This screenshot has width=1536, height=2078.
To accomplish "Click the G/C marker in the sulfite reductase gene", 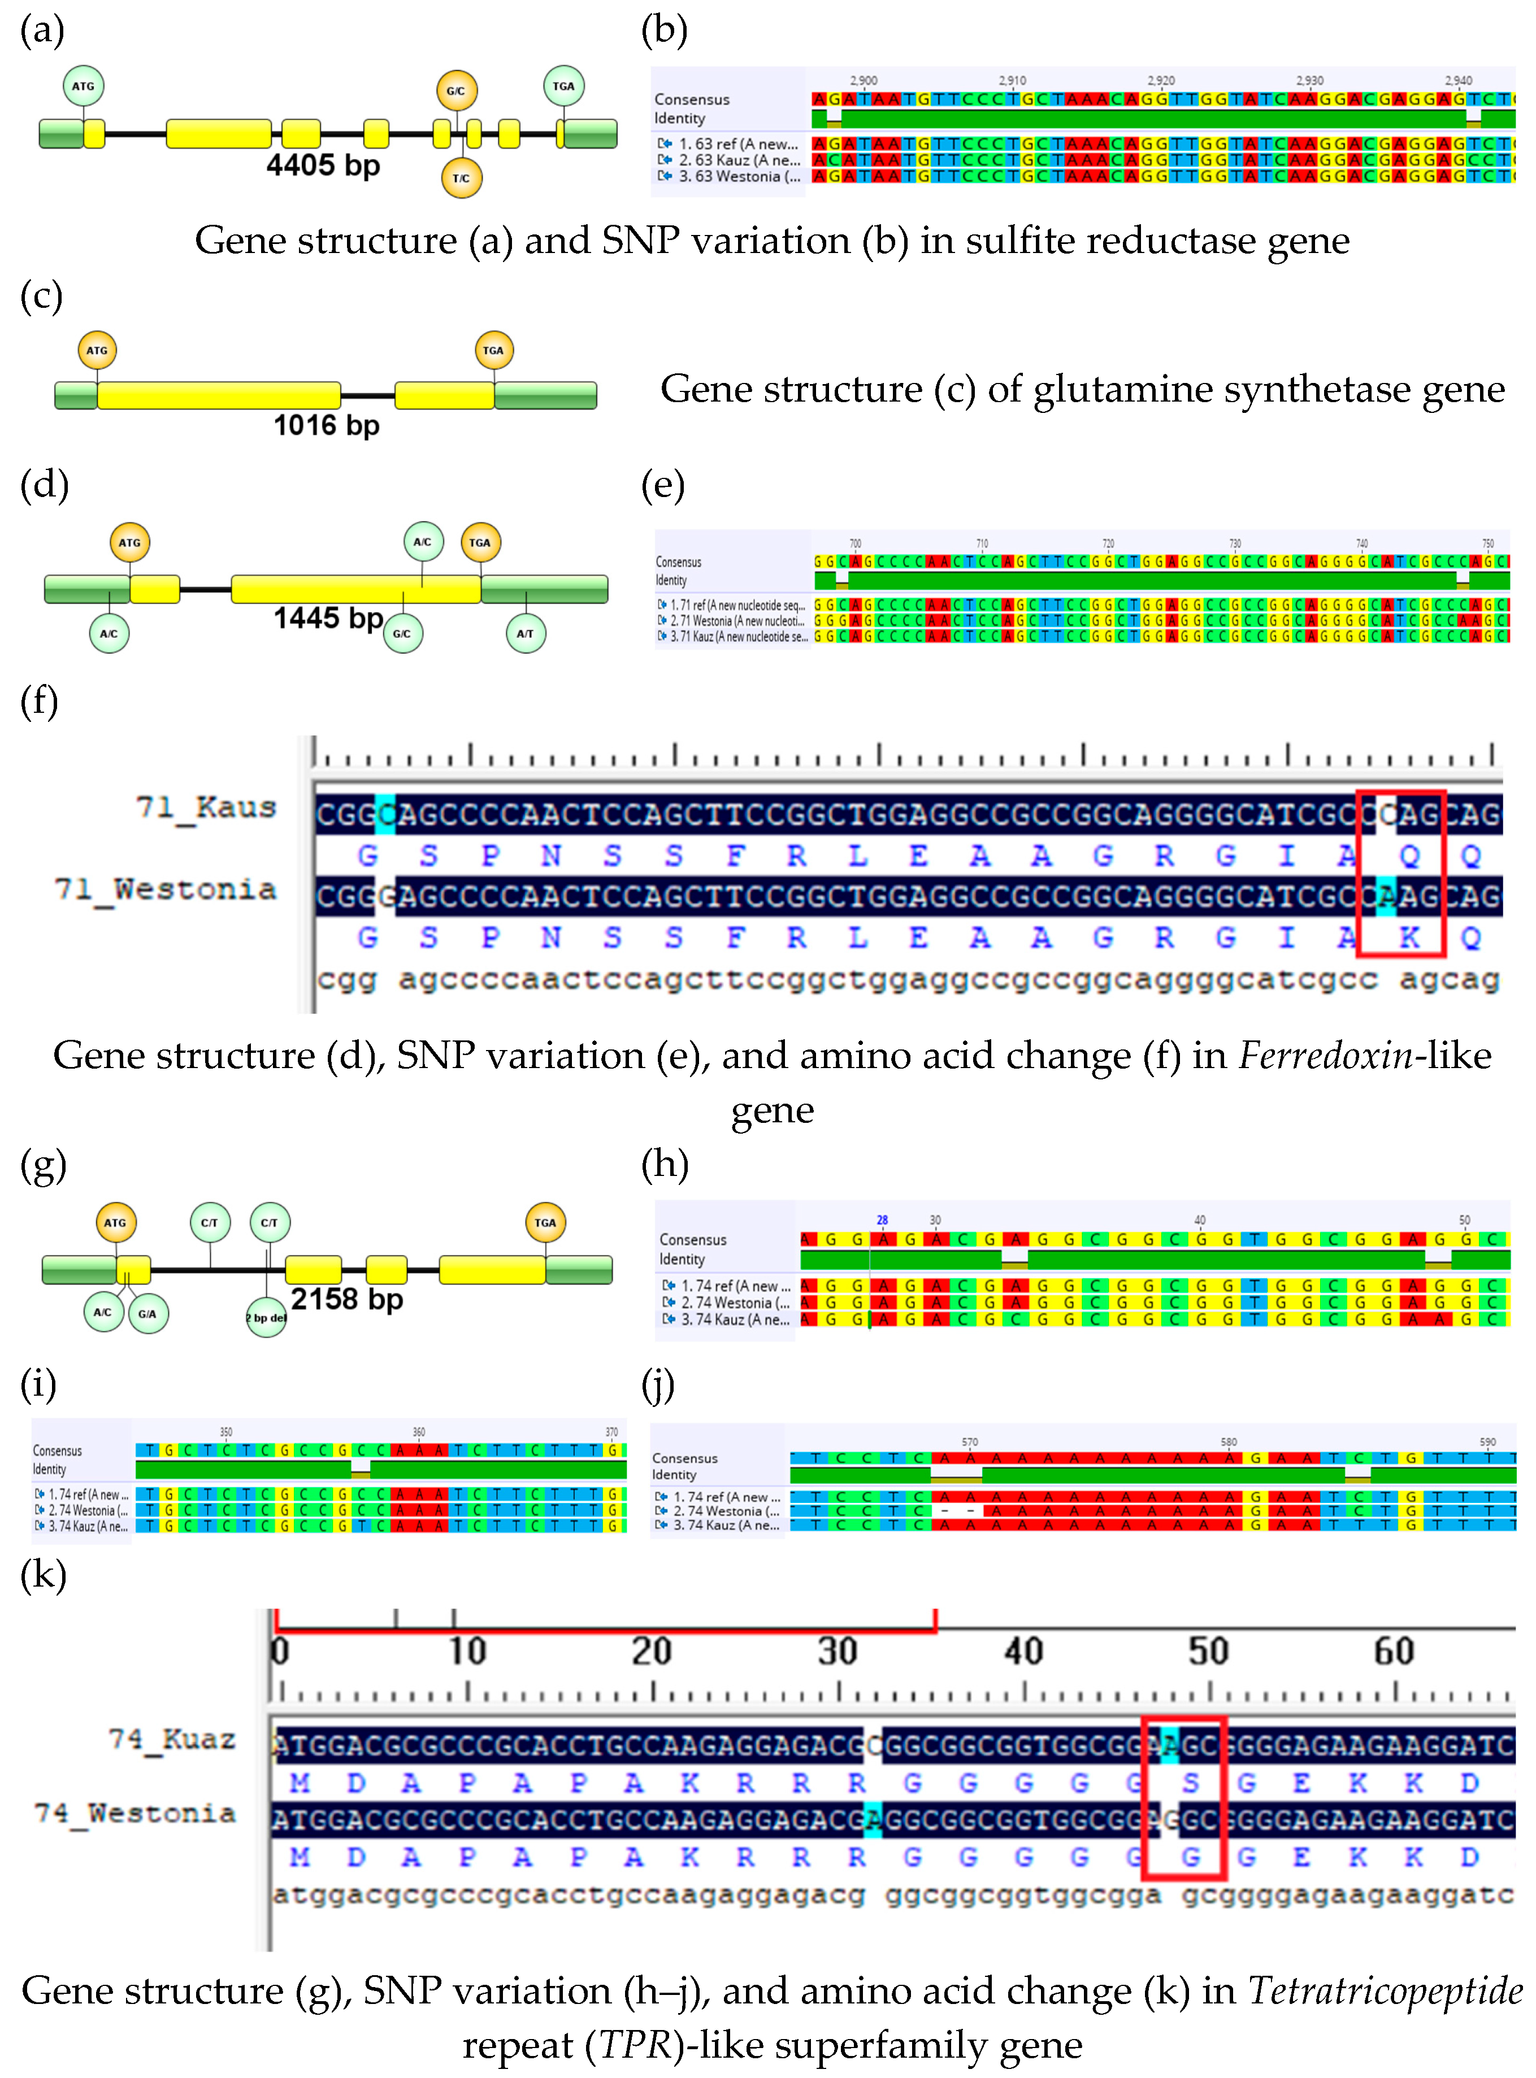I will pos(455,91).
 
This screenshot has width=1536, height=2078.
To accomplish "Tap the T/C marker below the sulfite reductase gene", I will pos(461,177).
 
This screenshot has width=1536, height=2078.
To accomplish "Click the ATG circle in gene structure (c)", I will pos(97,350).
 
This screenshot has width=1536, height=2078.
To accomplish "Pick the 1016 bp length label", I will pos(326,426).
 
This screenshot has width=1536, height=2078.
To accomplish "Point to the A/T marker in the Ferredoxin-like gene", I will pos(526,634).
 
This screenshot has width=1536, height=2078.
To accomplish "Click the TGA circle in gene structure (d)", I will pos(480,543).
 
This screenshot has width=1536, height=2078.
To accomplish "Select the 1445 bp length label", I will pos(327,618).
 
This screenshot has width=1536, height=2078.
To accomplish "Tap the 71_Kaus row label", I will pos(206,808).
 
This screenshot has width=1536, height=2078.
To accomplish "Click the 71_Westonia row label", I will pos(166,890).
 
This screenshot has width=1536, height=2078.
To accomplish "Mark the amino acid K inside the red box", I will pos(1409,938).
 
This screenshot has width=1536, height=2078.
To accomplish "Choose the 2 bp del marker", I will pos(266,1318).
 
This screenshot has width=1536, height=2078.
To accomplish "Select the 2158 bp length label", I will pos(347,1299).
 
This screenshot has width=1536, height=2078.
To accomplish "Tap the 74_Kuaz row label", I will pos(171,1739).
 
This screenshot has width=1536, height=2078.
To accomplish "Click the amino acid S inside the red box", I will pos(1190,1783).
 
